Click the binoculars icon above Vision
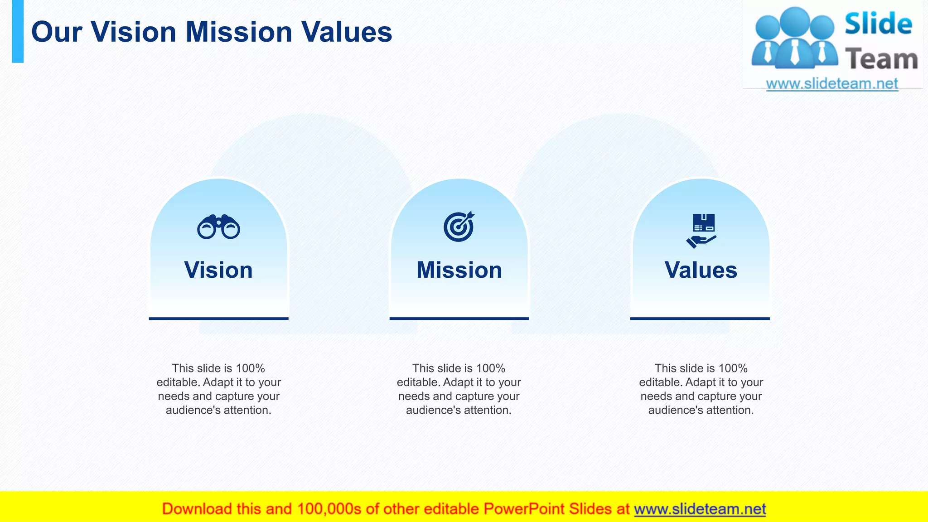coord(218,227)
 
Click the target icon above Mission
coord(459,227)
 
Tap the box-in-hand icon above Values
coord(701,230)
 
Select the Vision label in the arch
coord(218,270)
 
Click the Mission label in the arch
coord(459,270)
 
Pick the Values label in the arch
coord(701,270)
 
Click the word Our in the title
coord(56,32)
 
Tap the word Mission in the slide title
coord(239,32)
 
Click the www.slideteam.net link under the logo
coord(832,84)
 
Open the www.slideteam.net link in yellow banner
coord(700,509)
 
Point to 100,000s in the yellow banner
coord(329,509)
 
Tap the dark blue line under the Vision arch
coord(218,319)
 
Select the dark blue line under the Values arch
coord(700,319)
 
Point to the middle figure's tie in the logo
coord(795,52)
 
